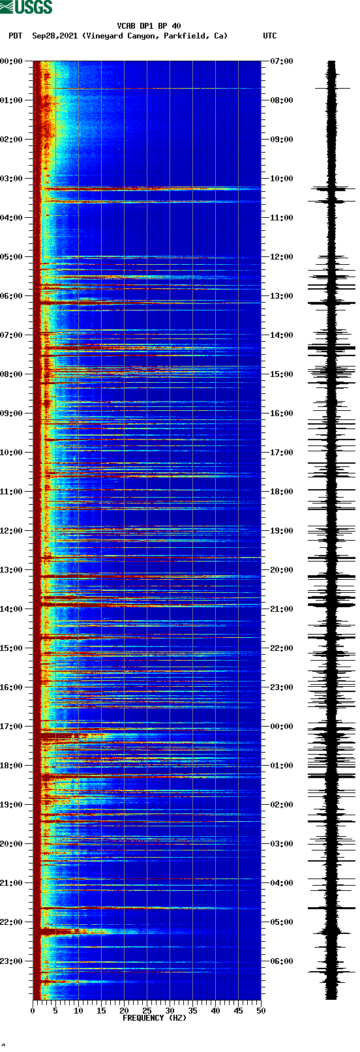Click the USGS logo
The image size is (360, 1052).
click(x=26, y=7)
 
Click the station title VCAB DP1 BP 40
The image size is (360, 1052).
click(x=149, y=26)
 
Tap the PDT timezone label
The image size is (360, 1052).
click(x=15, y=36)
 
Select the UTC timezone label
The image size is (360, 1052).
click(x=270, y=36)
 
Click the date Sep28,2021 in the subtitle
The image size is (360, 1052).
click(x=55, y=36)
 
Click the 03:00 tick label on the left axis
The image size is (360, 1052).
click(x=11, y=179)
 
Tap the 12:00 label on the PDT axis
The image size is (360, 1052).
click(x=11, y=531)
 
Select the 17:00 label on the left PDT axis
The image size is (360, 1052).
click(x=11, y=727)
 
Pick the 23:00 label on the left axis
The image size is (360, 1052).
click(x=11, y=961)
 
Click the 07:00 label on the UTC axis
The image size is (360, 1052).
click(x=282, y=61)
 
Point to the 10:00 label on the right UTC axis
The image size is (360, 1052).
click(x=282, y=179)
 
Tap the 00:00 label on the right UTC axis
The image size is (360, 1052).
click(x=282, y=727)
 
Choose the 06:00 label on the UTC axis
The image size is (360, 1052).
click(x=282, y=961)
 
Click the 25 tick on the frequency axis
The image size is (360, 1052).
click(x=147, y=1011)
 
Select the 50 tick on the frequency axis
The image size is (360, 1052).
click(x=261, y=1011)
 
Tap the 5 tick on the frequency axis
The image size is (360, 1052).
click(x=55, y=1011)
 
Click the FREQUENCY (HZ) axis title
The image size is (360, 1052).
click(x=155, y=1018)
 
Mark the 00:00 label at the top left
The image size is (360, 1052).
click(x=11, y=61)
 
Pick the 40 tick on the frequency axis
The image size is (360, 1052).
click(x=215, y=1011)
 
